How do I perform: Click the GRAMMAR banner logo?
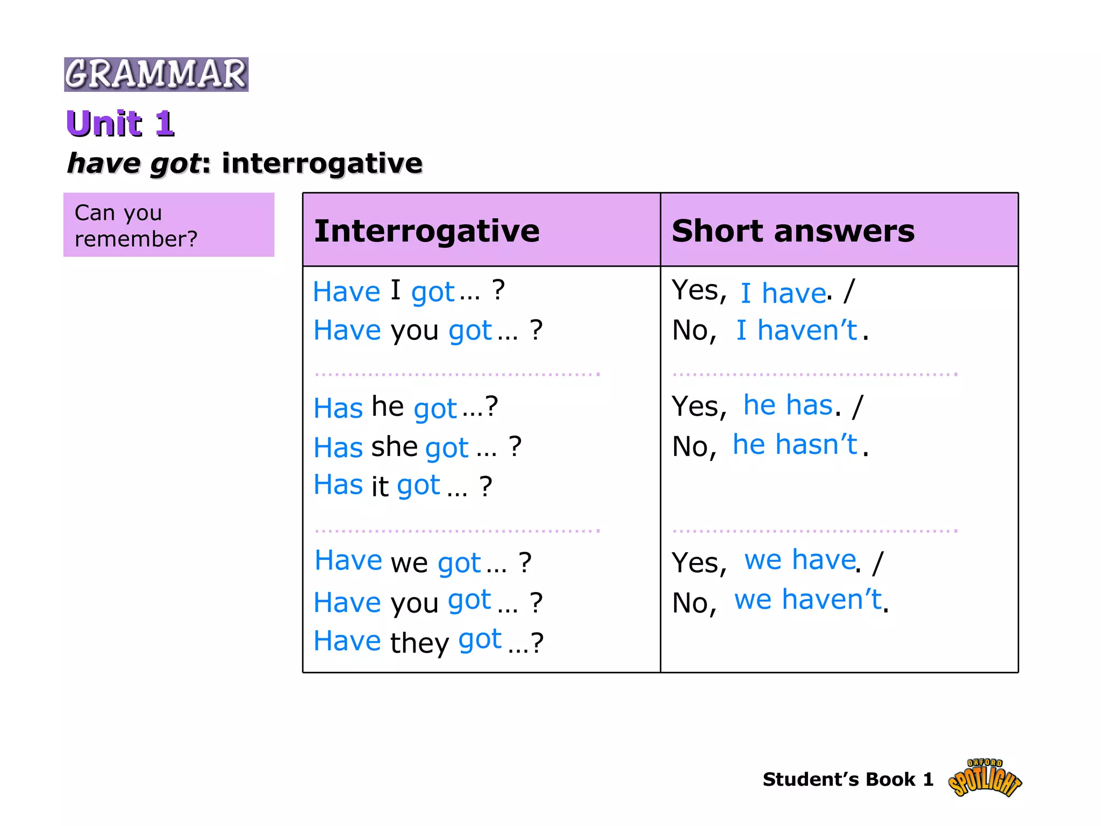pos(156,74)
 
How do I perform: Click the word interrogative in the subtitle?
pos(322,163)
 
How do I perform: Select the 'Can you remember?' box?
pos(169,225)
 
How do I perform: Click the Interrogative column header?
pos(427,231)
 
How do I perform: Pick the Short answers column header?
pos(793,231)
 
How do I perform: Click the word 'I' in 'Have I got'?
pos(395,290)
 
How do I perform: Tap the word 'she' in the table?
pos(394,446)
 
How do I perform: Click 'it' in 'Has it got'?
pos(380,486)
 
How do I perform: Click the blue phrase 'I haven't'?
pos(796,330)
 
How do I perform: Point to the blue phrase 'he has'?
pos(788,405)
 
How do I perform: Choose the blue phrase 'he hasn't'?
pos(795,445)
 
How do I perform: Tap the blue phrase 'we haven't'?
pos(807,600)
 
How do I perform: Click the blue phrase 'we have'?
pos(799,560)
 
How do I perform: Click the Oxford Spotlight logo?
pos(984,778)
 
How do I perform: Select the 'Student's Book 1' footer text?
pos(848,779)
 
